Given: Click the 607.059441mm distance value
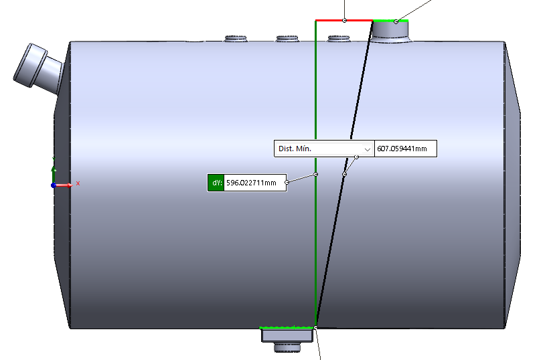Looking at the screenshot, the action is click(402, 149).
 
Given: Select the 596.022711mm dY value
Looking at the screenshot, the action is click(251, 183).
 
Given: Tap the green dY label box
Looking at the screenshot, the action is click(216, 183).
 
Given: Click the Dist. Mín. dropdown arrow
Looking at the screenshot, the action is click(367, 149).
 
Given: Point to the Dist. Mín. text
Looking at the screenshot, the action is click(295, 149).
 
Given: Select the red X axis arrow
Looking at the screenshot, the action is click(64, 185).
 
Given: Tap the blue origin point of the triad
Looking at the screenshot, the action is click(54, 185).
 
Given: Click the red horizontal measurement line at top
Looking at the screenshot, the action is click(344, 21).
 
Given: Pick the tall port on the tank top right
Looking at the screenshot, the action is click(390, 31).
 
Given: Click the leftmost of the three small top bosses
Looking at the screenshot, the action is click(236, 38).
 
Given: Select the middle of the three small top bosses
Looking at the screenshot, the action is click(287, 38).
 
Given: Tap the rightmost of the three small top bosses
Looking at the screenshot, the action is click(339, 38).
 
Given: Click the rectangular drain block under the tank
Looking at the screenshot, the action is click(287, 336).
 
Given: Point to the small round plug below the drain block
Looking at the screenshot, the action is click(287, 347).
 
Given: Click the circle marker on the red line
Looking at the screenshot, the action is click(345, 21).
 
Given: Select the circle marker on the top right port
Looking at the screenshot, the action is click(396, 21).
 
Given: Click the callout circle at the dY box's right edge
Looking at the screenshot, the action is click(287, 182).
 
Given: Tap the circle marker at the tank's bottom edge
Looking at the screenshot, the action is click(316, 328).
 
